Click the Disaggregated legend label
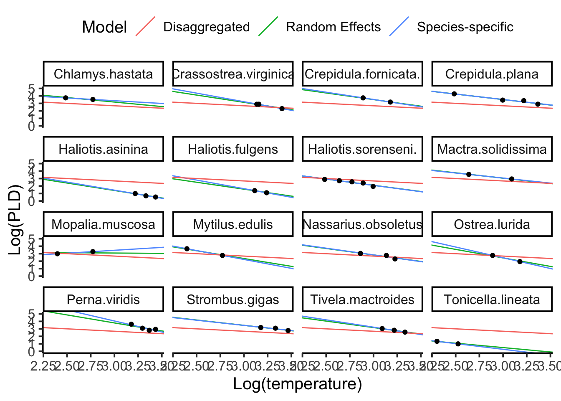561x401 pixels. pyautogui.click(x=206, y=27)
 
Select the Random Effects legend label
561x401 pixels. pyautogui.click(x=333, y=27)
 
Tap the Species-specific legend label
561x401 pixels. pyautogui.click(x=465, y=27)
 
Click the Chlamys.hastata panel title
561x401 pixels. pyautogui.click(x=104, y=74)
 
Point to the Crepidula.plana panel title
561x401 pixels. pyautogui.click(x=492, y=74)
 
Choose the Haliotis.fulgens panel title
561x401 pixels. pyautogui.click(x=233, y=150)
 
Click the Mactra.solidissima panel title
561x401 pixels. pyautogui.click(x=492, y=150)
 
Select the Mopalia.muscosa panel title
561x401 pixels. pyautogui.click(x=104, y=225)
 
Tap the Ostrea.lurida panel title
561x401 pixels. pyautogui.click(x=492, y=225)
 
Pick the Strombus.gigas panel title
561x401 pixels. pyautogui.click(x=233, y=300)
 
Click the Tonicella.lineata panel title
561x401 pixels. pyautogui.click(x=492, y=300)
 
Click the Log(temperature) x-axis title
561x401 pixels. pyautogui.click(x=297, y=384)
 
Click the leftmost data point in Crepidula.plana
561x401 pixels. pyautogui.click(x=454, y=94)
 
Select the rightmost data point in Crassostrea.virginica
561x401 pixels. pyautogui.click(x=282, y=109)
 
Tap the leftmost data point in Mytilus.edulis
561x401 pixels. pyautogui.click(x=187, y=249)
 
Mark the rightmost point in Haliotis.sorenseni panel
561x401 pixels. pyautogui.click(x=373, y=186)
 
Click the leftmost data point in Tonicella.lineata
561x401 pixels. pyautogui.click(x=437, y=341)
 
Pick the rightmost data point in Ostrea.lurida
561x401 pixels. pyautogui.click(x=520, y=261)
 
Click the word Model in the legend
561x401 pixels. pyautogui.click(x=104, y=27)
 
